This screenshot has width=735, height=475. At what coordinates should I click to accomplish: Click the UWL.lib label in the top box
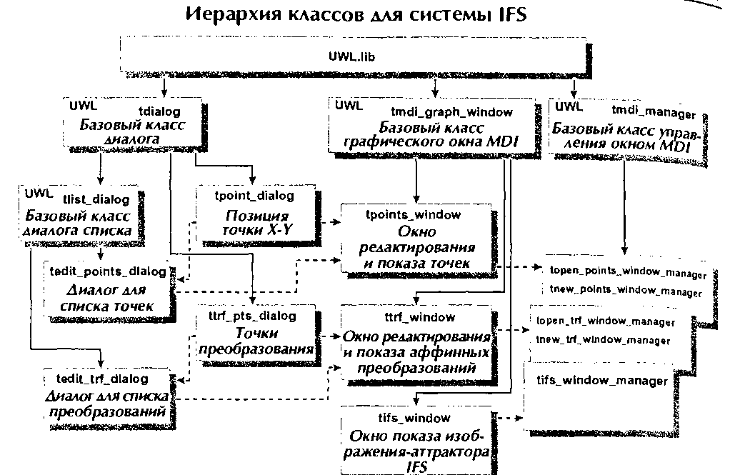pos(351,56)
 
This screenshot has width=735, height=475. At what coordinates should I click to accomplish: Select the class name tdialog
pos(159,111)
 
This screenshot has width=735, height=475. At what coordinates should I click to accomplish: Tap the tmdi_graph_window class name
pos(452,112)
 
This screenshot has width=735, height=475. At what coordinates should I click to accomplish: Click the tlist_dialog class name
pos(96,199)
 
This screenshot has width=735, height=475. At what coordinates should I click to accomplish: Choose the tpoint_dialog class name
pos(254,196)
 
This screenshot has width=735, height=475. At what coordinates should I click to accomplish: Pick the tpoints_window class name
pos(413,215)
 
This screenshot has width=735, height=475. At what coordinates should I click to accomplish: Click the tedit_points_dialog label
pos(108,271)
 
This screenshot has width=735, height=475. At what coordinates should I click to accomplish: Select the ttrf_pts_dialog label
pos(252,316)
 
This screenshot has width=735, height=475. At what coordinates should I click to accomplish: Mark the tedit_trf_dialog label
pos(102,379)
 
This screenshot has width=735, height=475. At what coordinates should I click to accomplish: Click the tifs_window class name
pos(414,417)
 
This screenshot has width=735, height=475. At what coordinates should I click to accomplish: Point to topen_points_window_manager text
pos(628,272)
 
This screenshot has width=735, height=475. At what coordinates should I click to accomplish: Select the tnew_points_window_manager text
pos(626,291)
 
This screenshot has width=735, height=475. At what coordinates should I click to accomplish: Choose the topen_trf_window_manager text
pos(606,321)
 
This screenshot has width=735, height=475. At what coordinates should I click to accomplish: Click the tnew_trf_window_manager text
pos(604,340)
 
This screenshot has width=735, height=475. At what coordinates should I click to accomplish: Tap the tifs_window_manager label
pos(602,380)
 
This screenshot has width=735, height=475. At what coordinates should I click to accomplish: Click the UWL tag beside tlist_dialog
pos(39,193)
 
